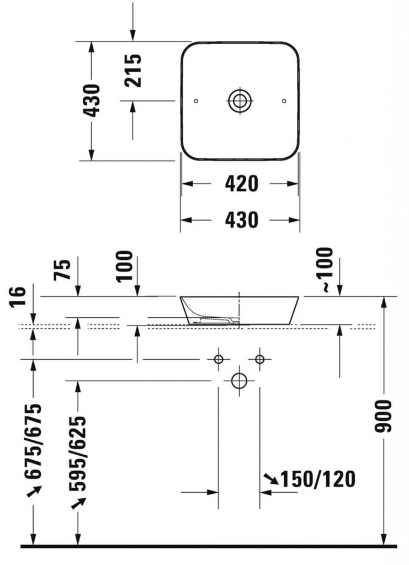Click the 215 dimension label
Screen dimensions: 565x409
click(x=133, y=70)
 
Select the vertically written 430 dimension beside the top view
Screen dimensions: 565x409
click(x=92, y=100)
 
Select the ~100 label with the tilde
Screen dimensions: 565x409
click(x=325, y=270)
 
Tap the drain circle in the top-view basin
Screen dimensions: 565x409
click(x=240, y=101)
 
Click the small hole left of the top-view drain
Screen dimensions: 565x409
click(x=196, y=101)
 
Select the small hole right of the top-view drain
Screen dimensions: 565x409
click(x=284, y=101)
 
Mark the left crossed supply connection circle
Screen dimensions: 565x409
click(x=219, y=360)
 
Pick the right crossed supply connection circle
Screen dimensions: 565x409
click(x=259, y=360)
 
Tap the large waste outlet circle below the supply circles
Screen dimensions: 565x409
click(x=239, y=381)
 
